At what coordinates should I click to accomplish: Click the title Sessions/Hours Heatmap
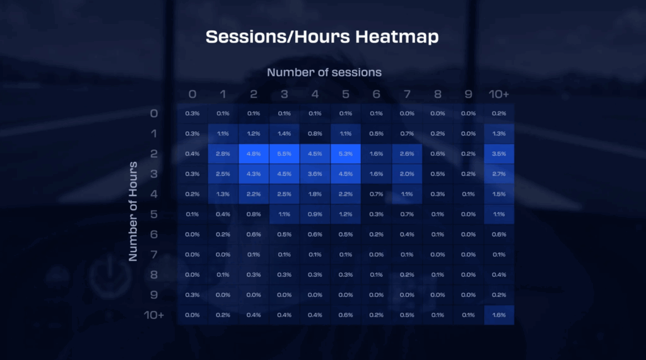(322, 37)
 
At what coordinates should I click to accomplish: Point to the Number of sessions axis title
(324, 73)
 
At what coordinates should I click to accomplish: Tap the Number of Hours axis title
(132, 211)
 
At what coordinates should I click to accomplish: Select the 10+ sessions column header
(499, 95)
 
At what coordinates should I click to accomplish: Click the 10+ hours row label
(154, 315)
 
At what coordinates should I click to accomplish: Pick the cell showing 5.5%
(285, 154)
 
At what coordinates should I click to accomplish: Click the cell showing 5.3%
(346, 154)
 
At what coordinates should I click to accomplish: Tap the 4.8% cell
(254, 154)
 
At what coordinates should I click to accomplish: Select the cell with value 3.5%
(499, 154)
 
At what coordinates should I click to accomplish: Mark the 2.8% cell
(223, 154)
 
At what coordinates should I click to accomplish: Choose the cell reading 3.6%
(315, 174)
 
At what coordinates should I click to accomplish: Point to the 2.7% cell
(499, 174)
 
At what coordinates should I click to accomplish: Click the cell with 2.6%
(407, 154)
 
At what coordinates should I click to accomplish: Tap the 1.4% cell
(285, 134)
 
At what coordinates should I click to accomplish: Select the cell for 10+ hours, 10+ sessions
(499, 315)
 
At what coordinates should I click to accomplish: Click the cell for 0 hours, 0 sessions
(192, 113)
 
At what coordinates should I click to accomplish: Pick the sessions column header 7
(407, 95)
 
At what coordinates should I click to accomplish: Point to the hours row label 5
(154, 214)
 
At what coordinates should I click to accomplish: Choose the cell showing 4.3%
(254, 174)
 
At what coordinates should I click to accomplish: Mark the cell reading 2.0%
(407, 174)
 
